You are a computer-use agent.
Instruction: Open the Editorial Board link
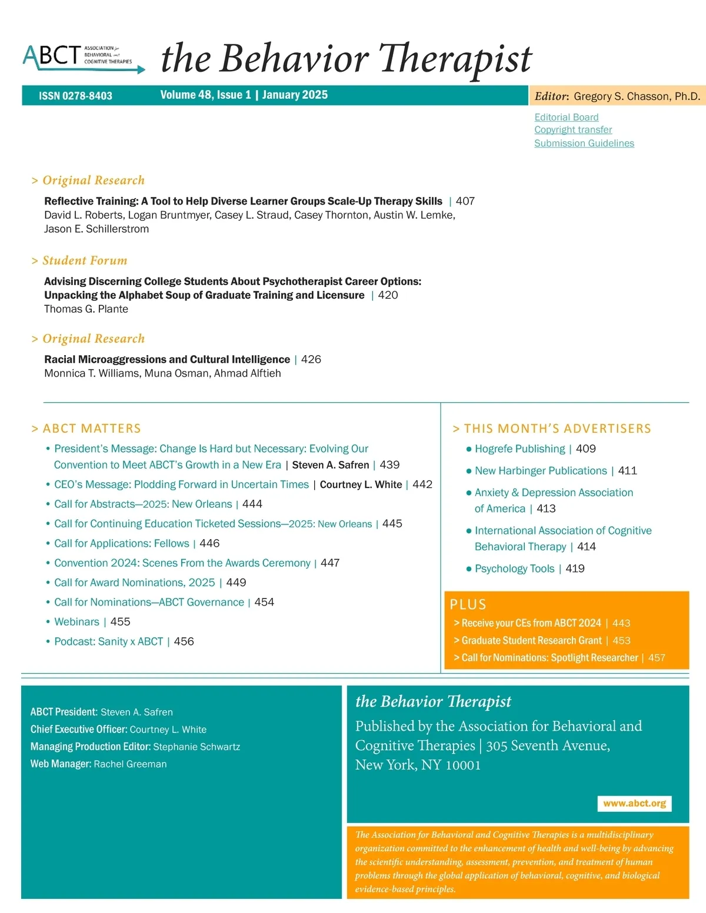[x=566, y=117]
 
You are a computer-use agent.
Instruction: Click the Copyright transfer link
[x=573, y=129]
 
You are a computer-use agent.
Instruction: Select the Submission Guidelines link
[x=584, y=143]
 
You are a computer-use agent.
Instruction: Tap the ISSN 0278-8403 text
[x=75, y=96]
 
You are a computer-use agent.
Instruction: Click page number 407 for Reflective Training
[x=465, y=201]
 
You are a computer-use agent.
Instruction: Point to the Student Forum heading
[x=85, y=260]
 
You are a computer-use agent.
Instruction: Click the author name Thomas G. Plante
[x=86, y=309]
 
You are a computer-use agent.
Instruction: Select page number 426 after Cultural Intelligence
[x=311, y=359]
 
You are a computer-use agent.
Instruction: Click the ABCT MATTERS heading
[x=92, y=428]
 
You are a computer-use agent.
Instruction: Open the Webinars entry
[x=76, y=621]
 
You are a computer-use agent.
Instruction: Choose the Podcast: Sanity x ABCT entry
[x=108, y=641]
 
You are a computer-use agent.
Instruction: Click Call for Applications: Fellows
[x=122, y=543]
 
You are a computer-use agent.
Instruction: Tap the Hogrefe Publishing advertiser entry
[x=519, y=449]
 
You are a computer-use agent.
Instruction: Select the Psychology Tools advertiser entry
[x=514, y=568]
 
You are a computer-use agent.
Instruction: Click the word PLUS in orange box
[x=468, y=604]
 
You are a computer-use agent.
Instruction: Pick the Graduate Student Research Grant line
[x=531, y=640]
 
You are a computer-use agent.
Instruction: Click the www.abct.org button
[x=634, y=803]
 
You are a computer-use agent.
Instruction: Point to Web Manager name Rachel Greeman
[x=130, y=764]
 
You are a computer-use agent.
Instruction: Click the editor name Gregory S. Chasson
[x=637, y=96]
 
